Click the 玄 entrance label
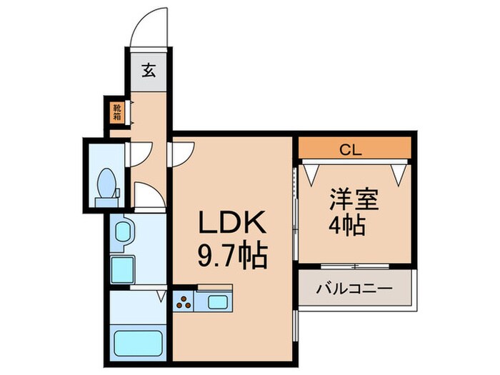(x=149, y=71)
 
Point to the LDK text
(x=232, y=224)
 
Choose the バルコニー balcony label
(x=354, y=289)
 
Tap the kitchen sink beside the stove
(x=215, y=302)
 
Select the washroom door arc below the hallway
(x=148, y=196)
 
